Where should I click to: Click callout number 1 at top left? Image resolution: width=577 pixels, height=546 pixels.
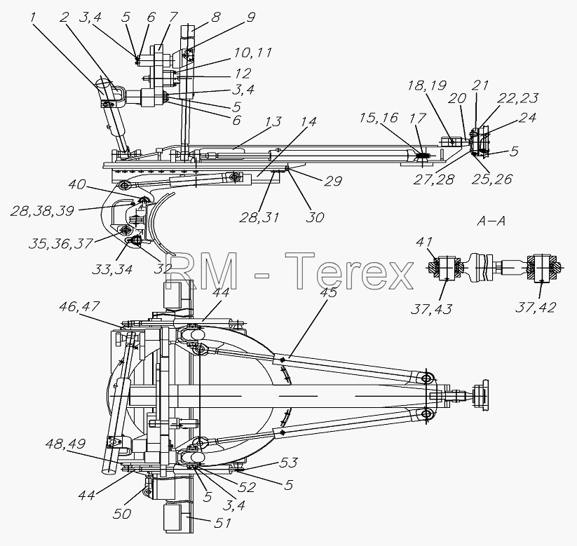[34, 18]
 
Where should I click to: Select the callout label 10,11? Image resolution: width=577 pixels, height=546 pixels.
[252, 53]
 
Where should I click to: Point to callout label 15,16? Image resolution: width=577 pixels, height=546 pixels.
[379, 118]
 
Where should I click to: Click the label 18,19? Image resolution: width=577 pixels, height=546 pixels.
[427, 86]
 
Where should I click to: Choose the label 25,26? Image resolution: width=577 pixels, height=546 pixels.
[493, 179]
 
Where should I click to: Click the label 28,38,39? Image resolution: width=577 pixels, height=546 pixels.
[41, 211]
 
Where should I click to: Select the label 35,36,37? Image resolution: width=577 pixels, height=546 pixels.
[60, 244]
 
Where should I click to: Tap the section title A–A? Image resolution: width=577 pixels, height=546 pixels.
[491, 221]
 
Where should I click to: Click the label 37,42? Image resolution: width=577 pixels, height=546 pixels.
[536, 307]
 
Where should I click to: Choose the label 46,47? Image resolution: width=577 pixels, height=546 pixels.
[79, 306]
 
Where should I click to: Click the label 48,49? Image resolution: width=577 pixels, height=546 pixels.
[65, 444]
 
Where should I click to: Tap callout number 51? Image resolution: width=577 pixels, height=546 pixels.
[223, 523]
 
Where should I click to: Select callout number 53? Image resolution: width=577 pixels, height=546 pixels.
[288, 463]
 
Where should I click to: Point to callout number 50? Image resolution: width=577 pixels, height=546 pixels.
[122, 514]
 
